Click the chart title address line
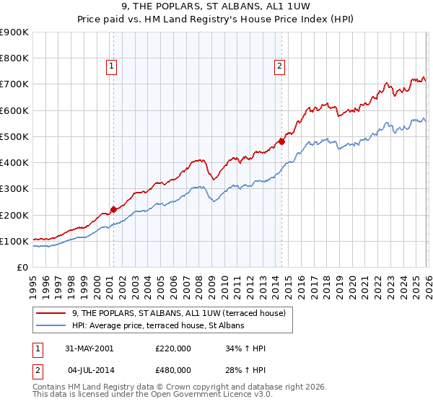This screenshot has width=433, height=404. point(216,7)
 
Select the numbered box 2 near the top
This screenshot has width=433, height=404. point(279,67)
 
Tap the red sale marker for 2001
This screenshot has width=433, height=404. point(113,210)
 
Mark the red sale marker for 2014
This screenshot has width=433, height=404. point(281,141)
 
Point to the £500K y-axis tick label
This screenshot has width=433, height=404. point(14,136)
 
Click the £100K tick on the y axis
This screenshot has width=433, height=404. point(14,241)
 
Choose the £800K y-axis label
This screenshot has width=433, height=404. point(14,58)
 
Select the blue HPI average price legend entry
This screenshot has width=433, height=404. point(158,326)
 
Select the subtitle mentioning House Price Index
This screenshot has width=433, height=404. point(216,19)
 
